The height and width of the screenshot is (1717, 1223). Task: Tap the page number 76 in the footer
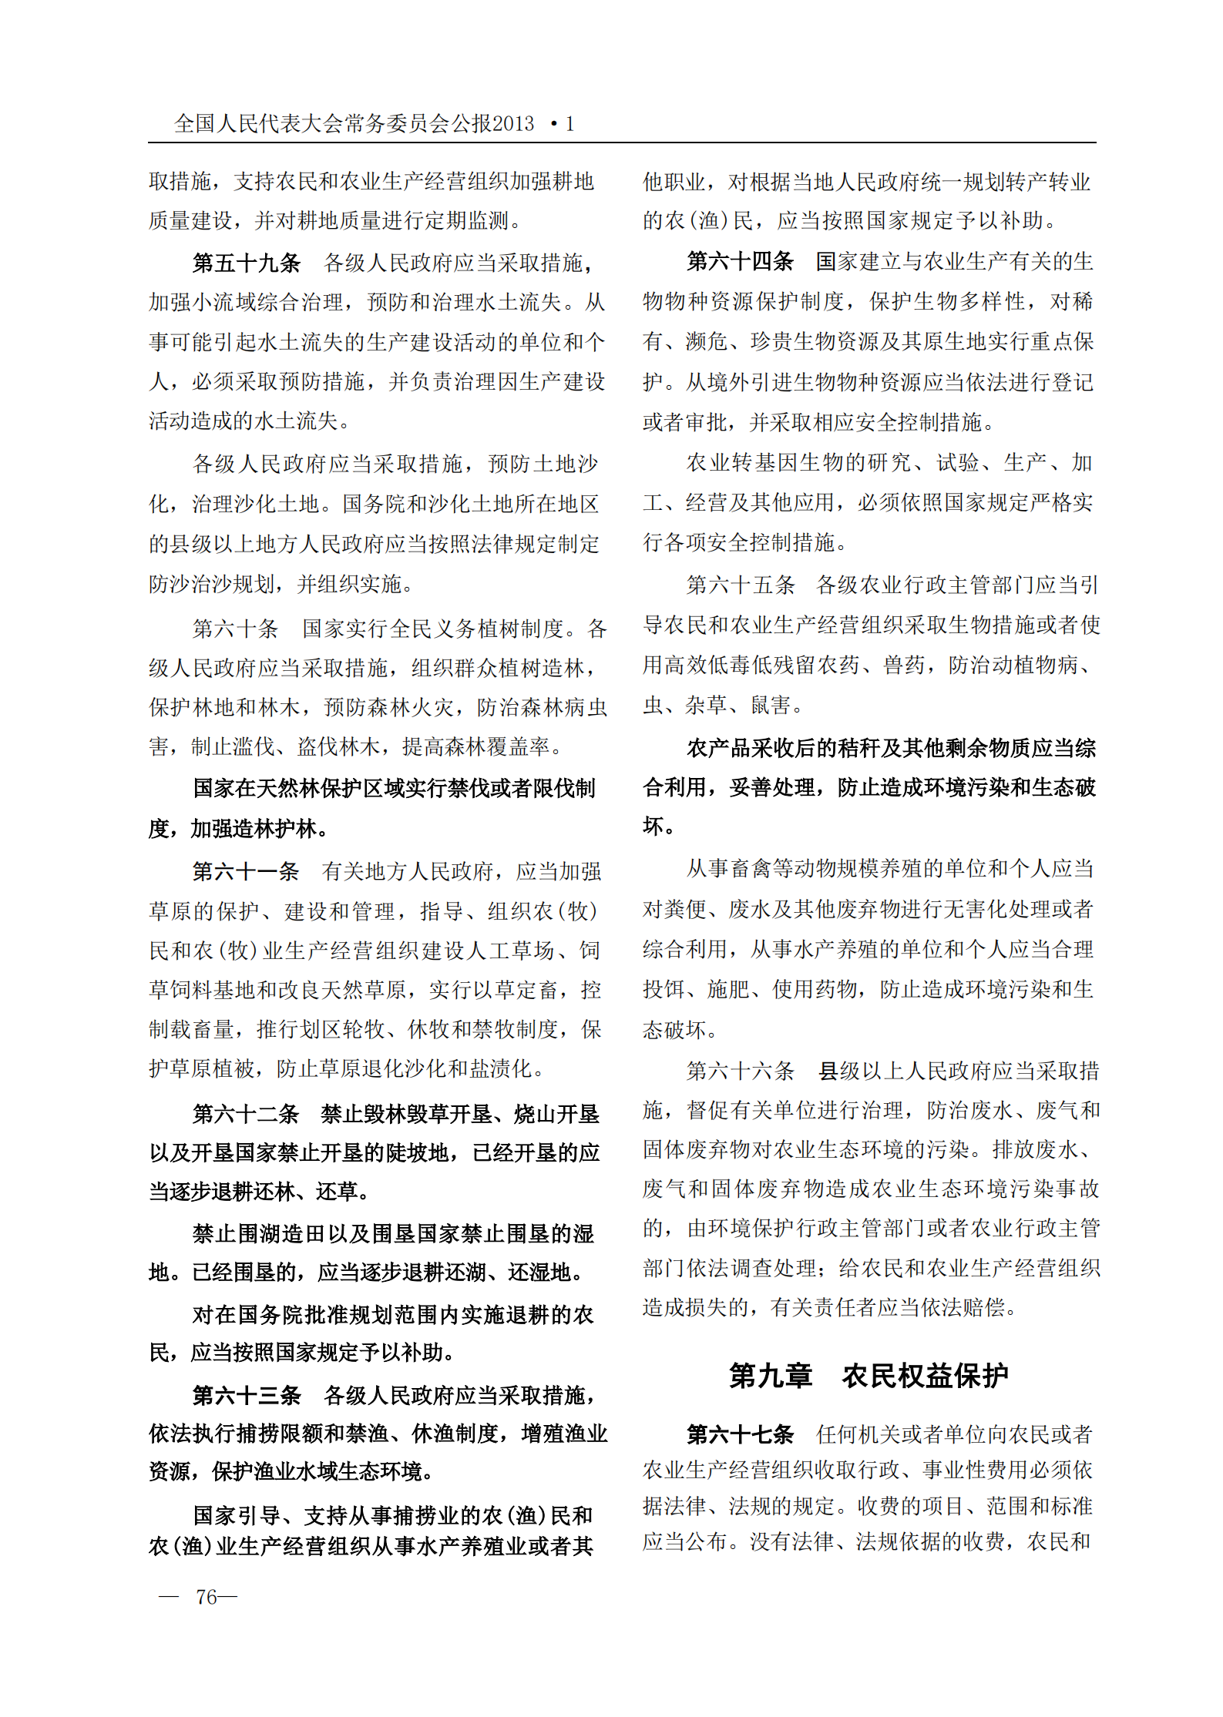207,1597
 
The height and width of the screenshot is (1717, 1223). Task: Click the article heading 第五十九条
247,263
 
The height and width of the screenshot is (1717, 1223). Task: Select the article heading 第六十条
235,629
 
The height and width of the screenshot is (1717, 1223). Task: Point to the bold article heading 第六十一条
246,871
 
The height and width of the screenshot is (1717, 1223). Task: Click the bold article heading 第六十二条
246,1113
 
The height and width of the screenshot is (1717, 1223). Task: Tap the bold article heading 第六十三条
247,1395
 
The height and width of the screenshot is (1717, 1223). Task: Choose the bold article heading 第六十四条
740,262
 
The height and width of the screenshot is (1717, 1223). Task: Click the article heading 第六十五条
740,585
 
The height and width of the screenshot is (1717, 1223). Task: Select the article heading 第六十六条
740,1071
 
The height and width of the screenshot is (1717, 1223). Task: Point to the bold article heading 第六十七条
740,1434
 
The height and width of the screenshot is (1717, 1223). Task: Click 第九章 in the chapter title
771,1376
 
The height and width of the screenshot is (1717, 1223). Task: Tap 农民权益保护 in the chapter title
925,1376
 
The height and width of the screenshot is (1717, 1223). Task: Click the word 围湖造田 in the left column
281,1234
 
